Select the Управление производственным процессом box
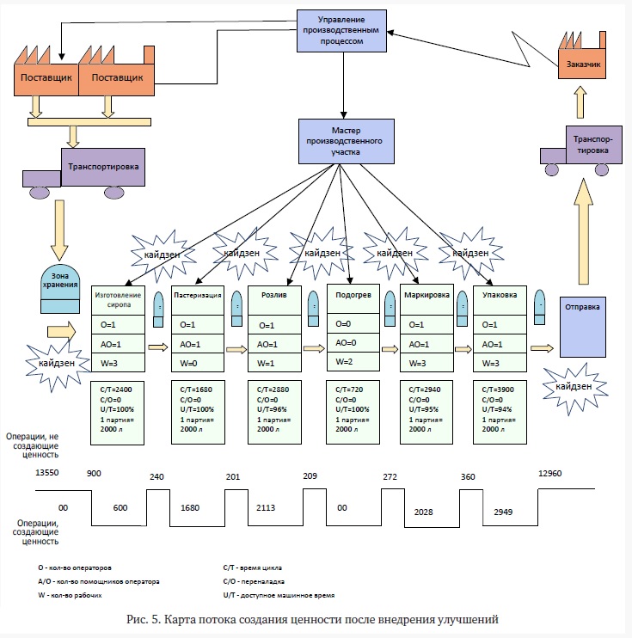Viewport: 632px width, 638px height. click(x=341, y=31)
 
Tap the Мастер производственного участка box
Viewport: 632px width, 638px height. click(x=347, y=141)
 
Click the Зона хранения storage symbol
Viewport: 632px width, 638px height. click(x=60, y=289)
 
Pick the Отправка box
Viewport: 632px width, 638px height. click(x=583, y=327)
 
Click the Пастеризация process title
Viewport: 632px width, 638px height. click(x=198, y=296)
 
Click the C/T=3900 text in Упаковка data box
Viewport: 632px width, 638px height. click(x=498, y=390)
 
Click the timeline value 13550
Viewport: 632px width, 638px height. click(x=47, y=472)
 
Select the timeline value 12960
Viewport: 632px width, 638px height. click(x=549, y=473)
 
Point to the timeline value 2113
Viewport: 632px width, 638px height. click(x=266, y=508)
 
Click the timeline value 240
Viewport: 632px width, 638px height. click(x=156, y=477)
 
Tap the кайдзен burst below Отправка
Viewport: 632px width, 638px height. click(x=574, y=387)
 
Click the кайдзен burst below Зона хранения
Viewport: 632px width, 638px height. click(x=57, y=364)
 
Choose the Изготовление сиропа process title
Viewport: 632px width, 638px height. click(x=118, y=300)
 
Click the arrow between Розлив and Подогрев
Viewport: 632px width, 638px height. click(x=314, y=348)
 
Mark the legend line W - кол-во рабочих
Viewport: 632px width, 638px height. click(x=70, y=595)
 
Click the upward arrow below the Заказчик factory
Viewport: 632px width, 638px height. click(x=580, y=102)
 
